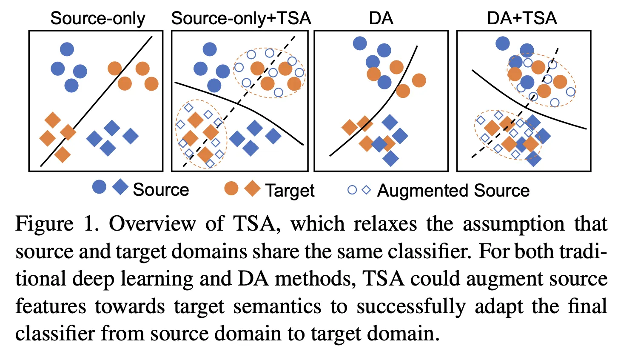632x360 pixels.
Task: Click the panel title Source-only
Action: [x=97, y=19]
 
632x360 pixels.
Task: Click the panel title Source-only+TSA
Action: [x=241, y=19]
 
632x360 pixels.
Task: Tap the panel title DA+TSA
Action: [x=522, y=19]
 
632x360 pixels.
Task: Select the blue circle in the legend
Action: [x=99, y=187]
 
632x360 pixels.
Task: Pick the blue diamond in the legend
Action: [x=120, y=187]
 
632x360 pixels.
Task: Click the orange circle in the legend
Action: [x=231, y=188]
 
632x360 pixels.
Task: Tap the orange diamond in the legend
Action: [x=253, y=188]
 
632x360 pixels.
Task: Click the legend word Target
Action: [x=290, y=191]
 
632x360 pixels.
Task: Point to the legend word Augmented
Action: [x=423, y=191]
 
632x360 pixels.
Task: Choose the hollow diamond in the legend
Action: [x=366, y=190]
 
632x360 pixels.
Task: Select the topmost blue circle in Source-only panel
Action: [x=67, y=49]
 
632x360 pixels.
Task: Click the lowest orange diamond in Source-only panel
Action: [x=63, y=154]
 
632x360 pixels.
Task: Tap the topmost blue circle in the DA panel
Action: [x=360, y=43]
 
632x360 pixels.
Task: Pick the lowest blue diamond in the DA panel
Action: [x=390, y=159]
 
